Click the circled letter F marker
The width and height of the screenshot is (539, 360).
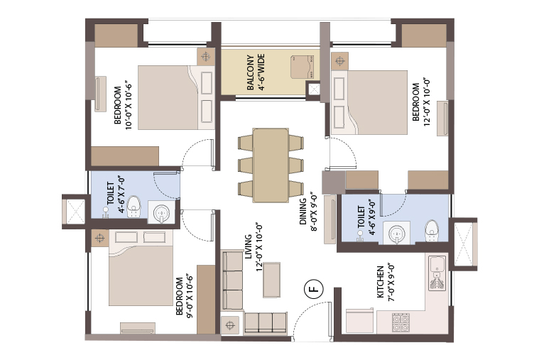tap(314, 288)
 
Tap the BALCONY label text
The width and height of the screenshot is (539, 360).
tap(251, 72)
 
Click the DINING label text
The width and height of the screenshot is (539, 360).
tap(303, 212)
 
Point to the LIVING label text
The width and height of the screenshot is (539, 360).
tap(248, 246)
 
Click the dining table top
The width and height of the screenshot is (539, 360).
tap(271, 165)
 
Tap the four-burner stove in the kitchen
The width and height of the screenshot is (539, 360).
tap(401, 322)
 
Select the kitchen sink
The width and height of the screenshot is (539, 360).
tap(437, 273)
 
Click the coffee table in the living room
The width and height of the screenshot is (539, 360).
tap(271, 280)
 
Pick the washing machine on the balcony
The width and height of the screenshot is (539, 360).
tap(302, 67)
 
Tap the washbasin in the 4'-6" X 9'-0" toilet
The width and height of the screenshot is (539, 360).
tap(397, 233)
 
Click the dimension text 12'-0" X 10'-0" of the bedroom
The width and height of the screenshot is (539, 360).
tap(427, 102)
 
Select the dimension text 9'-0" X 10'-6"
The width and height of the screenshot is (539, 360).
tap(190, 295)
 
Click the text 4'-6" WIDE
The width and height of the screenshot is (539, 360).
tap(261, 72)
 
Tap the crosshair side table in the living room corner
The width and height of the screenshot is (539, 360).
tap(230, 325)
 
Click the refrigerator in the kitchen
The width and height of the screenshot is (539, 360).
tap(359, 320)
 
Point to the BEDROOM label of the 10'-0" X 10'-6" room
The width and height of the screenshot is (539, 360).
tap(118, 105)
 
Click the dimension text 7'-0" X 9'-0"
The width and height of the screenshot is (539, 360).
tap(391, 283)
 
